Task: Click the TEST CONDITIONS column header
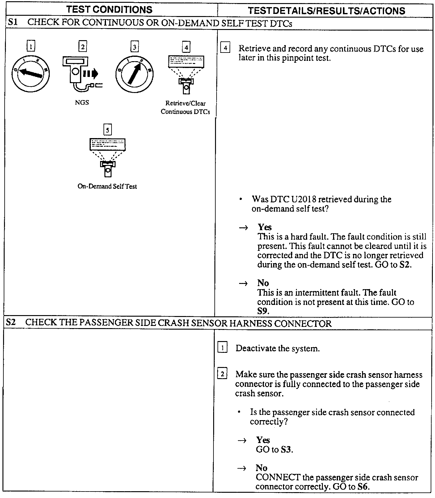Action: point(109,10)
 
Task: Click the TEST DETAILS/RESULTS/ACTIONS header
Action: point(326,11)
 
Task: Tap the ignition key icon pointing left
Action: point(30,73)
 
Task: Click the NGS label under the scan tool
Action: point(82,103)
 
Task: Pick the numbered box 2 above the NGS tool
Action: point(82,47)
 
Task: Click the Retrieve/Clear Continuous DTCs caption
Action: point(185,108)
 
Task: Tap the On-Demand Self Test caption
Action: point(107,186)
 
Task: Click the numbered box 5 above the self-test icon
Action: point(107,130)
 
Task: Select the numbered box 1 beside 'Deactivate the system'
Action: point(222,348)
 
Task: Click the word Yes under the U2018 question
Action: point(265,227)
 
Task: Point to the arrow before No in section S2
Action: point(242,468)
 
